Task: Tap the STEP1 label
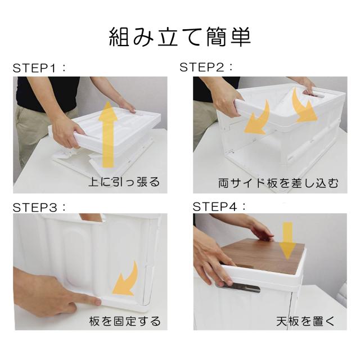pyautogui.click(x=39, y=69)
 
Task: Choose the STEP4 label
pyautogui.click(x=219, y=206)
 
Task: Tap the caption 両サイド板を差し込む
pyautogui.click(x=278, y=183)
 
